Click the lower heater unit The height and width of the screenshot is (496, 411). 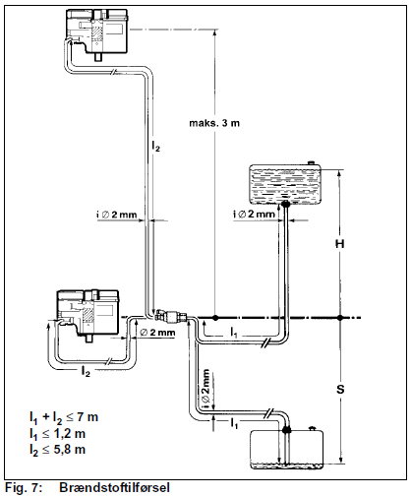[x=88, y=316]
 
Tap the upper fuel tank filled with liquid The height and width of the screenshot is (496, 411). [x=284, y=184]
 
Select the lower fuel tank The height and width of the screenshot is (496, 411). [x=287, y=449]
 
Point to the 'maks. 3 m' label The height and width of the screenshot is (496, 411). [x=214, y=123]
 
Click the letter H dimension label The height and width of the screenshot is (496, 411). [x=340, y=244]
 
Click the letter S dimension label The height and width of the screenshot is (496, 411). [x=340, y=390]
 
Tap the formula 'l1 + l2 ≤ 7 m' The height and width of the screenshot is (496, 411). [x=64, y=417]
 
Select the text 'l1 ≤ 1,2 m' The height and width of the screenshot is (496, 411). [x=57, y=434]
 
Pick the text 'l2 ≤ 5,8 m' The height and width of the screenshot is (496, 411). [x=57, y=450]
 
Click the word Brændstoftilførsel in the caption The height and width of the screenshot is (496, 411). [x=115, y=487]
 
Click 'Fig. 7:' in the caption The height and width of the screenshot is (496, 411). [x=24, y=487]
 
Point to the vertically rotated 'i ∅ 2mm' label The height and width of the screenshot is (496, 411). [x=205, y=389]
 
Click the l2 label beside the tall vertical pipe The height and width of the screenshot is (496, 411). [x=156, y=146]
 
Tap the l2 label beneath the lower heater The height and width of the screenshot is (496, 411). [x=86, y=372]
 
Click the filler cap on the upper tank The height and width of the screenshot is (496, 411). [x=311, y=162]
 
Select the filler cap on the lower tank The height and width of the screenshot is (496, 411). [x=312, y=428]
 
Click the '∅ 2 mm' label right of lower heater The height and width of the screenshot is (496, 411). [x=157, y=333]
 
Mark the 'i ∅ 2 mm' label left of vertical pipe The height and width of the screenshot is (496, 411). [x=116, y=215]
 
